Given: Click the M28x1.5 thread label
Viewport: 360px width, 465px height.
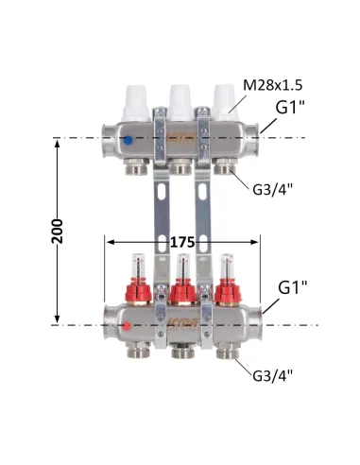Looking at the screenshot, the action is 273,85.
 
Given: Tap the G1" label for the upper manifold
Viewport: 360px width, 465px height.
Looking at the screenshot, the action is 290,108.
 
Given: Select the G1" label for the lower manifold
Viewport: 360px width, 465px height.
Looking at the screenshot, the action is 293,287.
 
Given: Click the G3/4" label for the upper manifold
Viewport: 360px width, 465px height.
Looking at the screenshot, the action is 273,190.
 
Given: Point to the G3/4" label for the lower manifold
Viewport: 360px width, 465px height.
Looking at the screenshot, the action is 273,375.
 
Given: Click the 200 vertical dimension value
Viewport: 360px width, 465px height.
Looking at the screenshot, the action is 57,232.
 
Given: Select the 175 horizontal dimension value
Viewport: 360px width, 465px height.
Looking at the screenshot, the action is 182,242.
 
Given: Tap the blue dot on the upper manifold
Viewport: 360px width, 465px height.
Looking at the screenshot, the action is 128,140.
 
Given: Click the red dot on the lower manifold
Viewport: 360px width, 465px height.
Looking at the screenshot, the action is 127,326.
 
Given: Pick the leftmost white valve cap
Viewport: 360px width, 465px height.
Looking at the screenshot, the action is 136,103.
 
